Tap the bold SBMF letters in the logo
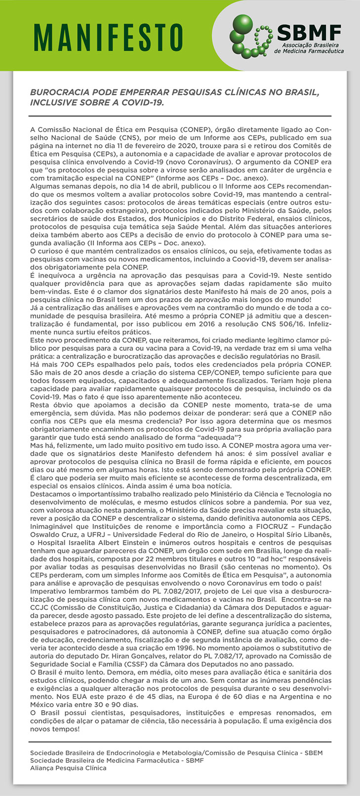(x=309, y=34)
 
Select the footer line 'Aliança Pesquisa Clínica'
(x=68, y=768)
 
